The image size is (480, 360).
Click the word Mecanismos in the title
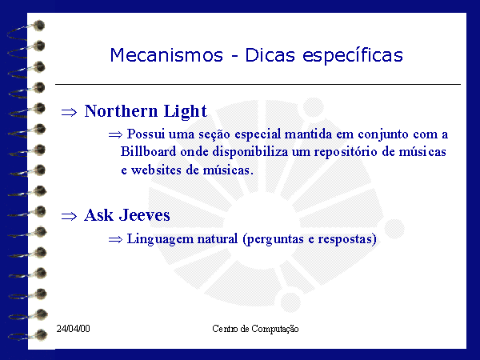click(x=166, y=55)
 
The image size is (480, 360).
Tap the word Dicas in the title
click(x=270, y=55)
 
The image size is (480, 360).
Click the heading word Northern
click(x=121, y=111)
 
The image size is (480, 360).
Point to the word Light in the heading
click(x=186, y=111)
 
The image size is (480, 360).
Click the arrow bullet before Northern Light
click(x=69, y=112)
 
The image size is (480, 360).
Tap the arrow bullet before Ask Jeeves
click(x=69, y=217)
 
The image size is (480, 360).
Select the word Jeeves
click(x=145, y=215)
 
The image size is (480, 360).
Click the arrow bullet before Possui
click(x=115, y=134)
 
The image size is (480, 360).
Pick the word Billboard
click(x=149, y=151)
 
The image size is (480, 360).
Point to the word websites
click(x=156, y=170)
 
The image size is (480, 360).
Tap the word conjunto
click(x=383, y=135)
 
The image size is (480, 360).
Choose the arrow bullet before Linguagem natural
click(x=115, y=240)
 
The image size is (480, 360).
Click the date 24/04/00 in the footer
click(x=73, y=329)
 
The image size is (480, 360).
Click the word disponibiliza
click(x=250, y=152)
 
